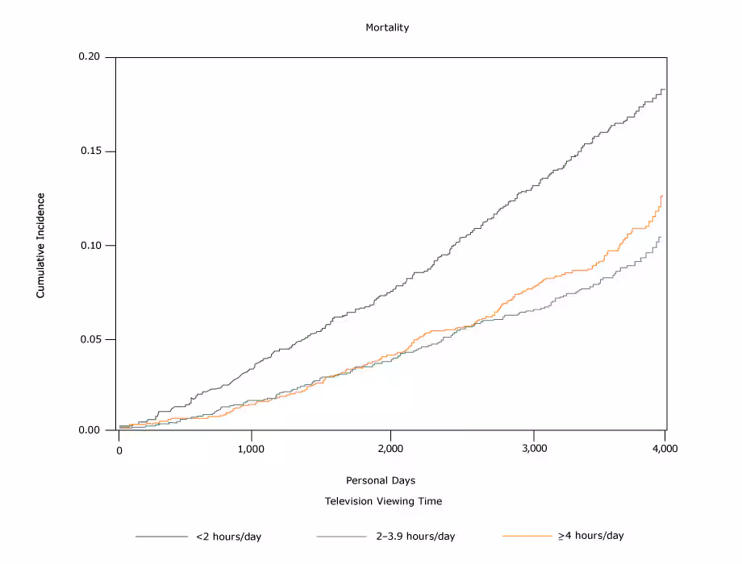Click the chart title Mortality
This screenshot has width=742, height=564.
pos(387,27)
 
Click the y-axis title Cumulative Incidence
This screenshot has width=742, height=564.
pos(40,245)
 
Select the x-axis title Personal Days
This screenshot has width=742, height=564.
pos(381,480)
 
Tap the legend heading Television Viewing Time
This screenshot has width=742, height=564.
pos(383,501)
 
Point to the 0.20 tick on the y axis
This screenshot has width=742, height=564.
pos(90,57)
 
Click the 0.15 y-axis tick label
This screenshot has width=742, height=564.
pos(90,151)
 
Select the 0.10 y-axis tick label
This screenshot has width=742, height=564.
pos(90,245)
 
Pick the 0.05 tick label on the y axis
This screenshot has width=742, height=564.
pos(90,339)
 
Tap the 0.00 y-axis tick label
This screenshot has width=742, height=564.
pos(90,430)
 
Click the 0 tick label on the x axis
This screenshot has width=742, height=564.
pos(119,449)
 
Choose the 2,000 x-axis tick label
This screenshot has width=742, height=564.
pos(390,449)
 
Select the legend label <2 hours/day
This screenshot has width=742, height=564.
pos(228,537)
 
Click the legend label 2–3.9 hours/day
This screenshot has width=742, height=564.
pos(415,537)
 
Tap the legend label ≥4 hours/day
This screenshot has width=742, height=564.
pos(590,536)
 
